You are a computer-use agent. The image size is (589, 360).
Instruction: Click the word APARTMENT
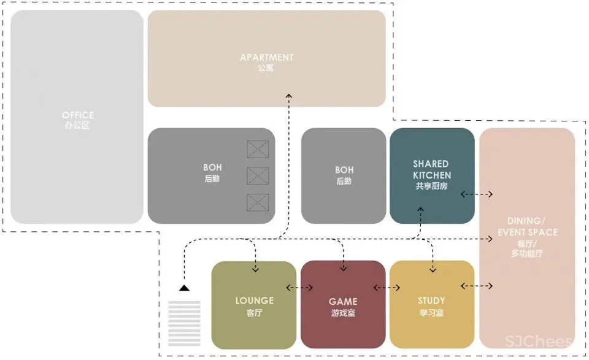[266, 58]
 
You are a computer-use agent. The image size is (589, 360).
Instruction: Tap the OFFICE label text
[78, 115]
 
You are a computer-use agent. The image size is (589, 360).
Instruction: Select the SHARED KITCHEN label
[431, 169]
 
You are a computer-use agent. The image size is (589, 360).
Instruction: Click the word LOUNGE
[254, 301]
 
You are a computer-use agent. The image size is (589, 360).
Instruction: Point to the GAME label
[342, 302]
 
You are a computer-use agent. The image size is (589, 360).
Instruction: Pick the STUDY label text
[431, 301]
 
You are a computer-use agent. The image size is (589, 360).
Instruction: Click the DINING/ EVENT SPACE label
[528, 226]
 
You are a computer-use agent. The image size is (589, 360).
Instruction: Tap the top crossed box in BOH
[258, 149]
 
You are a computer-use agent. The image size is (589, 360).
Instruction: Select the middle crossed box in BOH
[258, 175]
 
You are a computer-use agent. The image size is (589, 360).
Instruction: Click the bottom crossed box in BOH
[258, 202]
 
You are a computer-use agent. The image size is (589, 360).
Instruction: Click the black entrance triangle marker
[184, 287]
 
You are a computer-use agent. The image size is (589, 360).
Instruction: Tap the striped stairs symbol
[184, 323]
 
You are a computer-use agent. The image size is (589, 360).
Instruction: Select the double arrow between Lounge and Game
[300, 287]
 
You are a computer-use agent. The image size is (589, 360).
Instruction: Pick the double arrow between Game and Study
[387, 287]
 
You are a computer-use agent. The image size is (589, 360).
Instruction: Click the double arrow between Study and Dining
[477, 286]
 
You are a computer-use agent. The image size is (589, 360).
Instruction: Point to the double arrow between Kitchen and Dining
[477, 194]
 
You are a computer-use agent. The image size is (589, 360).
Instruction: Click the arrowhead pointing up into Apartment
[288, 97]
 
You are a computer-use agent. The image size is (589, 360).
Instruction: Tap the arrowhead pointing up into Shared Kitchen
[420, 210]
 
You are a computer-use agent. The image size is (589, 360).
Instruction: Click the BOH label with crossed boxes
[212, 167]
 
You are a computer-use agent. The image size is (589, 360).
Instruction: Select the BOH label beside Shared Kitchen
[344, 170]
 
